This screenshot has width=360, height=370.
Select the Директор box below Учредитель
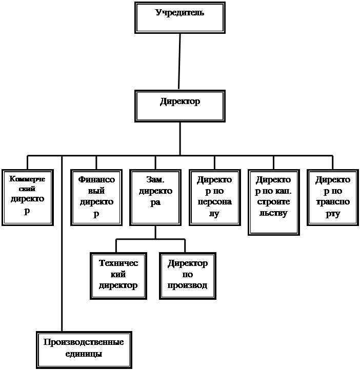click(179, 106)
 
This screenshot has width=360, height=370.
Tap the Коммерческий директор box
click(27, 198)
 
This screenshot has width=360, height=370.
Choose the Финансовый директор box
click(96, 198)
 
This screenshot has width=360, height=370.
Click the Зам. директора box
click(155, 198)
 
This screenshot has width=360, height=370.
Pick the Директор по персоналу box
click(214, 198)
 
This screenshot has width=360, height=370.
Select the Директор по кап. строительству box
click(273, 202)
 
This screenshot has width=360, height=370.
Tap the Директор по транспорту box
click(333, 198)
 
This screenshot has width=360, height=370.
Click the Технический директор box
click(118, 275)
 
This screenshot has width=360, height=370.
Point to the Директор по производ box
click(187, 275)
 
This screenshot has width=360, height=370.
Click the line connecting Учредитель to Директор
click(179, 61)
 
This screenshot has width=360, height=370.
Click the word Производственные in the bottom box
click(84, 342)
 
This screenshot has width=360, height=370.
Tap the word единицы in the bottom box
click(84, 354)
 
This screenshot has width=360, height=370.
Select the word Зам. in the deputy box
click(155, 180)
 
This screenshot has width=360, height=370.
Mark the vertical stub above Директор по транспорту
click(333, 162)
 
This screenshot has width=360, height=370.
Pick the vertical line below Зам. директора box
click(155, 232)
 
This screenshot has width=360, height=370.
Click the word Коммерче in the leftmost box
click(27, 179)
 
